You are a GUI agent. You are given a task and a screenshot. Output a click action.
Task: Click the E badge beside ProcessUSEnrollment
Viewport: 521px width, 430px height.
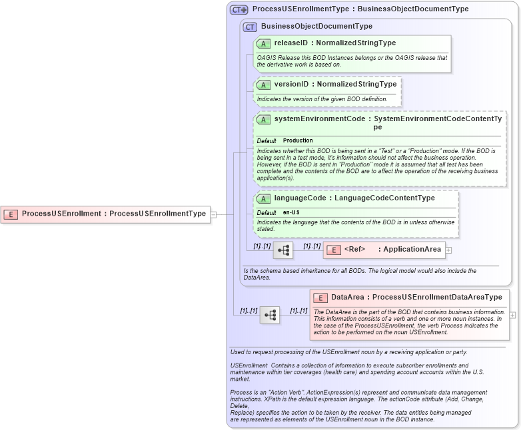[x=11, y=214]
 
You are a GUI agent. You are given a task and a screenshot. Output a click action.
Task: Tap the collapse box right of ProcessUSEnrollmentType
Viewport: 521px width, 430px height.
[x=213, y=214]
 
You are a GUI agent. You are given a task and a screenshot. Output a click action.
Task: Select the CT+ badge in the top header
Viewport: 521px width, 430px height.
[x=239, y=10]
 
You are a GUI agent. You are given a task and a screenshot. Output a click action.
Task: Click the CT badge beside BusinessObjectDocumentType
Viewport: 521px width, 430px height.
[x=250, y=27]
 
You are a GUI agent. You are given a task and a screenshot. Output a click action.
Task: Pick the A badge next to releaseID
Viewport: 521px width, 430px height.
[x=264, y=43]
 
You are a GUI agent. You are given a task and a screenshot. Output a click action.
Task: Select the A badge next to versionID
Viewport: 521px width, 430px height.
[x=264, y=85]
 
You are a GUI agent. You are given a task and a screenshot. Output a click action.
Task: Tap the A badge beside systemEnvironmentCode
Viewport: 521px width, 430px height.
[x=264, y=120]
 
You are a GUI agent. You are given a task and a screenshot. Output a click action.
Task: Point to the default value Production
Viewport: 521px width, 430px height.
[x=298, y=141]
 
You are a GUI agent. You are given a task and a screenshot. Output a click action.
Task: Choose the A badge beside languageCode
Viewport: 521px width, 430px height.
[x=264, y=198]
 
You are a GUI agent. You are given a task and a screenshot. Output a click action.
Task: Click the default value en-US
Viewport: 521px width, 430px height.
[x=290, y=212]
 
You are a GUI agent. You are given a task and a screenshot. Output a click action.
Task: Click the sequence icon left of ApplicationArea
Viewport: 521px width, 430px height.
[x=283, y=250]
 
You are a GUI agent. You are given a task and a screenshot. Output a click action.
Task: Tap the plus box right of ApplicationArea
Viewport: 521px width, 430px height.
[x=448, y=250]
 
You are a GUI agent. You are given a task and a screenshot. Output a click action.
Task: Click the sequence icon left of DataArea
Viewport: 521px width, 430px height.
[x=270, y=315]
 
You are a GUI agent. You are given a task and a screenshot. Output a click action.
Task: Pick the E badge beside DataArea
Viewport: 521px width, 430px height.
[x=320, y=298]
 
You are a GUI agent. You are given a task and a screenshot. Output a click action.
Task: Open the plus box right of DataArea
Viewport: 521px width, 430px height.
[x=512, y=315]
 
